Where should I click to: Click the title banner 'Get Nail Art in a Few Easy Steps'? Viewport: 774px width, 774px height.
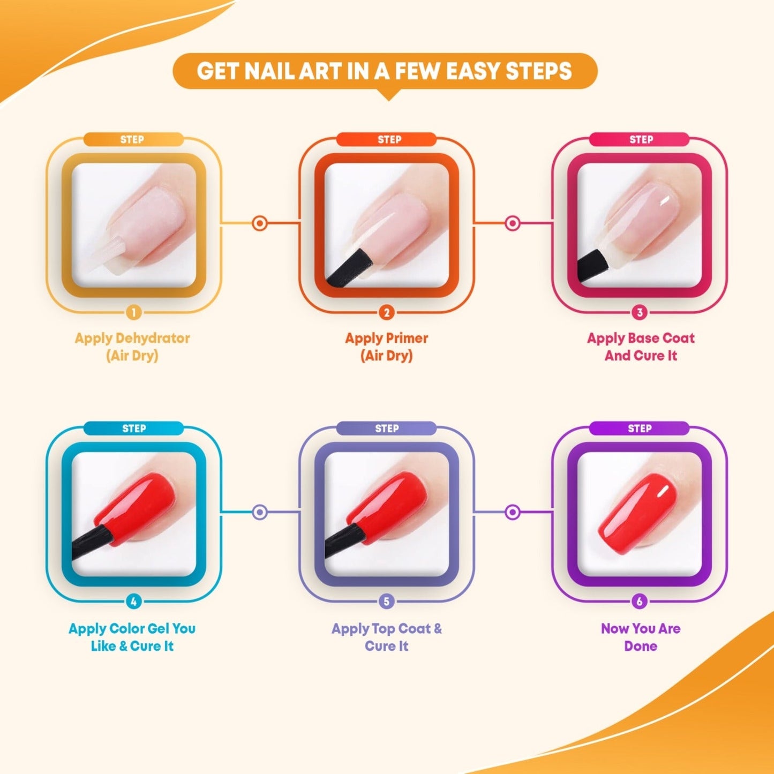385,71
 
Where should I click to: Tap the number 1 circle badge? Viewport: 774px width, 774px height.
133,312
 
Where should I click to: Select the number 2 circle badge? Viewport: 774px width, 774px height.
387,312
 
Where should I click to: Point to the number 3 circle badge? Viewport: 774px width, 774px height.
639,312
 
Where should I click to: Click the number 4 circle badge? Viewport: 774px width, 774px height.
133,602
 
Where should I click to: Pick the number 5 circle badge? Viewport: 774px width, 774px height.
387,602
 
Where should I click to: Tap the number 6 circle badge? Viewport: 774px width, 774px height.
639,602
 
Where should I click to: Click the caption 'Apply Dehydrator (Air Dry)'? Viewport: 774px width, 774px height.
132,347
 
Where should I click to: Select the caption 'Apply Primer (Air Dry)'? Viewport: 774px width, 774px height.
386,347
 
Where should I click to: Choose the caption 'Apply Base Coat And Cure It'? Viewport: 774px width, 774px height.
641,347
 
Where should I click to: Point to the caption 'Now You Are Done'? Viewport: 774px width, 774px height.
641,637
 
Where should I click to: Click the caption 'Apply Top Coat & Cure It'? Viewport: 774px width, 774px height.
386,637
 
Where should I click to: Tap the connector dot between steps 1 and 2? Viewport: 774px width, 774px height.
260,223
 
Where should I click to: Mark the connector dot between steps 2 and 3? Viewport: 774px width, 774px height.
513,223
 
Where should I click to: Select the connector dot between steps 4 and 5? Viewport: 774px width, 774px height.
260,512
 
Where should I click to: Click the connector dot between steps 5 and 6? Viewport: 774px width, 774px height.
513,512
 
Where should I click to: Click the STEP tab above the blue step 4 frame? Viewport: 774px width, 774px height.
133,429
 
